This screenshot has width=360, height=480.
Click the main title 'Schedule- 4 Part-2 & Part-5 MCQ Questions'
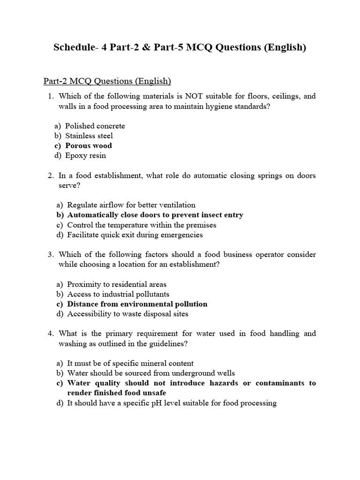180,47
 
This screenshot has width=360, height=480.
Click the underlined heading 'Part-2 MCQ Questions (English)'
107,81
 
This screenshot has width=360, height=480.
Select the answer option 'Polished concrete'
95,126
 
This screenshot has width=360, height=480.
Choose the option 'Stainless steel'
89,136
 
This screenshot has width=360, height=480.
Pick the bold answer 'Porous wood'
89,146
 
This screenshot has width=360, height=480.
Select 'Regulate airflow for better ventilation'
131,205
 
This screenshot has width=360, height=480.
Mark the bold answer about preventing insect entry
155,215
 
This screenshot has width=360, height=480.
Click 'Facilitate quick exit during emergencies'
135,235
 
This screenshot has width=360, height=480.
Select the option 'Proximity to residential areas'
117,284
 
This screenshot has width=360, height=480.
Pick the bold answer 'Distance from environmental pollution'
137,304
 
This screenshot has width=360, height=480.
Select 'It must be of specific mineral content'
130,363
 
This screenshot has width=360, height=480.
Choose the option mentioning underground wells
151,373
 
